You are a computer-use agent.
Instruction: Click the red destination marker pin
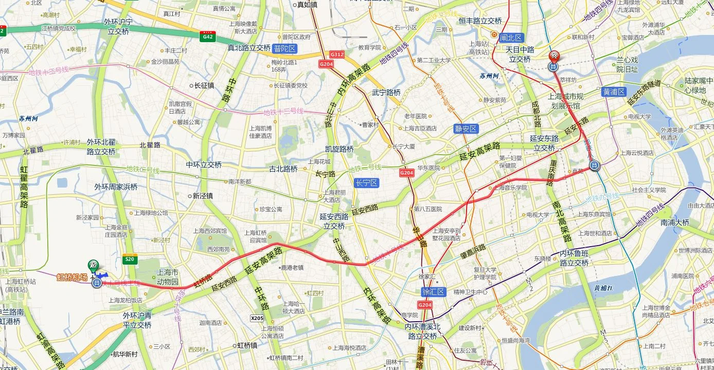[554, 57]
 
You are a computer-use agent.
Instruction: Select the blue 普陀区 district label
[285, 49]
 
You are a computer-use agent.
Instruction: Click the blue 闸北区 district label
[511, 38]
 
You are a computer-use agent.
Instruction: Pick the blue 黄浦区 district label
[614, 92]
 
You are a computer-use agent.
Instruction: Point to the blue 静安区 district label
[466, 129]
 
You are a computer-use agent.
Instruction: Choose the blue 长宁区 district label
[366, 183]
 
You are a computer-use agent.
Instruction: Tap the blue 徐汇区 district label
[433, 291]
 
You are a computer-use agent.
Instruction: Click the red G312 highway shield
[337, 54]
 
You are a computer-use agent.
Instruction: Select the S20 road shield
[130, 260]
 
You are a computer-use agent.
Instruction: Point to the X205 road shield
[257, 318]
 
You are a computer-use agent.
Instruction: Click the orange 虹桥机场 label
[72, 277]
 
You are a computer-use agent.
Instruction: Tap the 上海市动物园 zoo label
[168, 277]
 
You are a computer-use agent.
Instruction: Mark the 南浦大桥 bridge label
[675, 223]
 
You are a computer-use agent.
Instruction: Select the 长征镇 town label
[204, 85]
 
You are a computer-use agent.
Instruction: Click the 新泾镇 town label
[203, 196]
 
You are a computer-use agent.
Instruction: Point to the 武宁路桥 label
[386, 92]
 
